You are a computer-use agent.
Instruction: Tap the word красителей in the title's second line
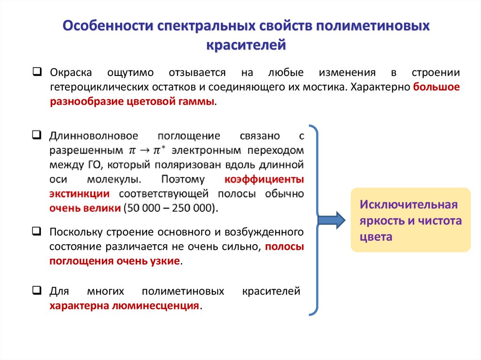click(x=246, y=45)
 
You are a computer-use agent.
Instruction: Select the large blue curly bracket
click(x=317, y=220)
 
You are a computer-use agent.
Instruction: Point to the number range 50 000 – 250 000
click(x=170, y=208)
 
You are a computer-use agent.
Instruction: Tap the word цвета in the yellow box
click(x=376, y=237)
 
